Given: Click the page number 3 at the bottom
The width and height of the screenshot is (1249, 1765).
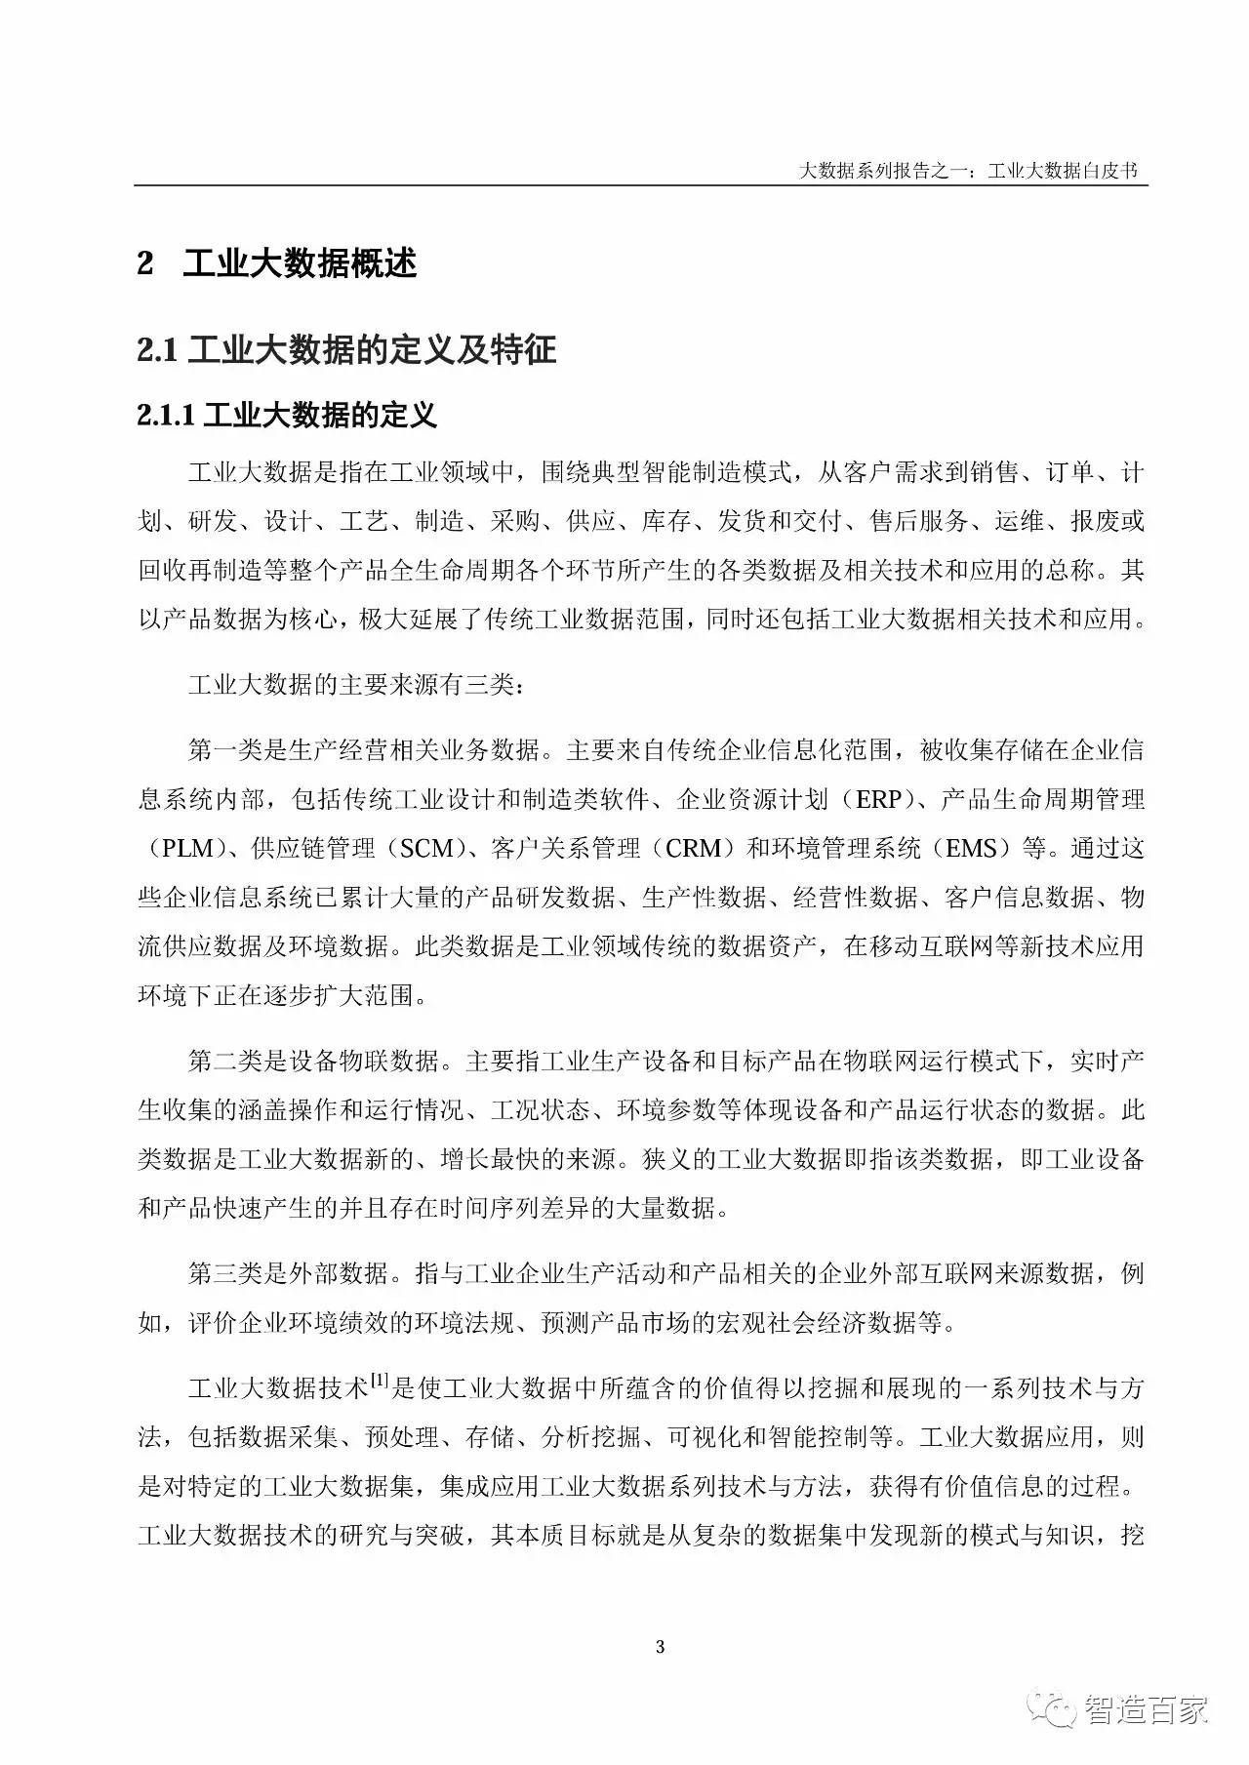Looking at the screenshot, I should coord(661,1648).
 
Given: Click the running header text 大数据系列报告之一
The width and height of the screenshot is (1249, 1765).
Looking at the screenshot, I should coord(880,171).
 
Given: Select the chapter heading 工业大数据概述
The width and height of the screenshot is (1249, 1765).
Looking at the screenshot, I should coord(301,263).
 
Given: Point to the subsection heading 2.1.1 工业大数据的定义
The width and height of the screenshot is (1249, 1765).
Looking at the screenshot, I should coord(287,416).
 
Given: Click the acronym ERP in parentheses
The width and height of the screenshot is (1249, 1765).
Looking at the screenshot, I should coord(878,800).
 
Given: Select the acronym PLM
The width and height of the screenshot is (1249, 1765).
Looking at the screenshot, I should coord(188,849).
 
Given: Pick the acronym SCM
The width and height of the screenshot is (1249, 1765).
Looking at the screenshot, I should coord(426,849).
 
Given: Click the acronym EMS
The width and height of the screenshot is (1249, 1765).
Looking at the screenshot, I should coord(971,849).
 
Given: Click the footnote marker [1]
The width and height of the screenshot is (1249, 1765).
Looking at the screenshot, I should coord(380,1382).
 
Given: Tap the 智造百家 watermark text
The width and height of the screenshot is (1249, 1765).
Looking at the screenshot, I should coord(1146,1709).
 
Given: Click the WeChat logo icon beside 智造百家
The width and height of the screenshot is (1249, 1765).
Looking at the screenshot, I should coord(1055,1708).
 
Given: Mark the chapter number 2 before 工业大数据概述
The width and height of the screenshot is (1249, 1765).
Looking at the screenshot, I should coord(145,263).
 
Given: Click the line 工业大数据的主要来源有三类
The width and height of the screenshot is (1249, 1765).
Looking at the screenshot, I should coord(356,685).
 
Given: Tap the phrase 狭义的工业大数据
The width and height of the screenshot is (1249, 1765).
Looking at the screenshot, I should coord(742,1159).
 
